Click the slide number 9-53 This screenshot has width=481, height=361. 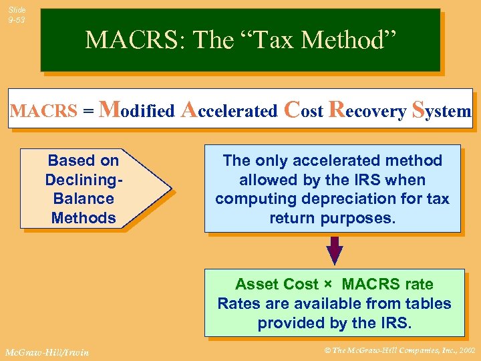[17, 20]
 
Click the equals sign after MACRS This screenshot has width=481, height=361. [88, 111]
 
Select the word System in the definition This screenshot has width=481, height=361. [442, 110]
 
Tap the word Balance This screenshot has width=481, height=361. [84, 199]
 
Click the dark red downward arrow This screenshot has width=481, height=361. [334, 251]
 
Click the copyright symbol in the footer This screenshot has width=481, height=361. [327, 350]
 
